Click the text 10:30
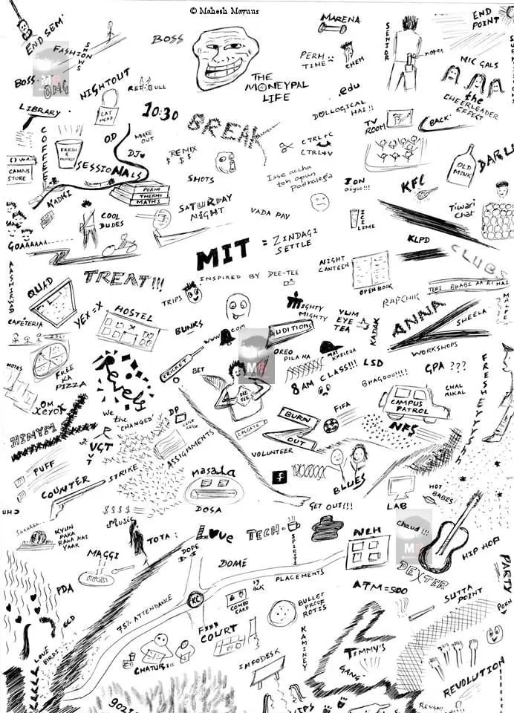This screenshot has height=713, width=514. click(x=160, y=114)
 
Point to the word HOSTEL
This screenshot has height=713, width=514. click(x=134, y=312)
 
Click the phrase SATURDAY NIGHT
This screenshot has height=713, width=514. click(x=205, y=204)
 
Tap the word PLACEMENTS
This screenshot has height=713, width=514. click(x=302, y=576)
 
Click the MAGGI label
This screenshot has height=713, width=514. click(x=103, y=554)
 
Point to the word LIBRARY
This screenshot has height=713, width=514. click(x=39, y=111)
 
